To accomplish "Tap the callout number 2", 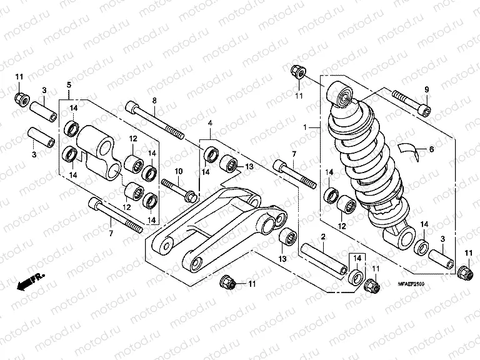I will point(323,237).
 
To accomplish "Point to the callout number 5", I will point(69,84).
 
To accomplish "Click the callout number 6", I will point(431,149).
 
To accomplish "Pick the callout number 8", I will point(154,101).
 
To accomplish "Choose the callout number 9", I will point(427,87).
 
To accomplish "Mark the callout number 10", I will point(177,171).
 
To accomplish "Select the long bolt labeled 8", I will point(156,122).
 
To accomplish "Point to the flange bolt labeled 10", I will point(181,189).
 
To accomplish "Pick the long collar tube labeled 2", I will point(324,257).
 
